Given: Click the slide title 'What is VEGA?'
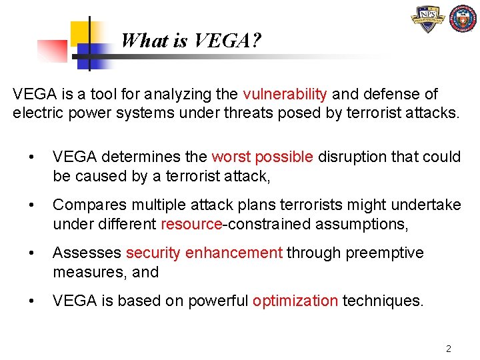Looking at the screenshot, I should pyautogui.click(x=191, y=41).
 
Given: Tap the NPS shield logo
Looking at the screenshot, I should pyautogui.click(x=427, y=19).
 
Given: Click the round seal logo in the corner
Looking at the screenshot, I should pyautogui.click(x=463, y=19).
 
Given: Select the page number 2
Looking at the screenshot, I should pyautogui.click(x=449, y=349).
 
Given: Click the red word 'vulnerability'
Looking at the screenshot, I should pyautogui.click(x=285, y=94).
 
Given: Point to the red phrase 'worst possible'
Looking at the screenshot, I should pyautogui.click(x=262, y=157).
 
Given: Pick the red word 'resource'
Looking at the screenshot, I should pyautogui.click(x=191, y=224).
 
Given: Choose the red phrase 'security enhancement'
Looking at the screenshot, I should pyautogui.click(x=204, y=253).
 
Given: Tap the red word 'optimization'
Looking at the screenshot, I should pyautogui.click(x=295, y=301).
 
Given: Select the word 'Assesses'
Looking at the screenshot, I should pyautogui.click(x=87, y=253).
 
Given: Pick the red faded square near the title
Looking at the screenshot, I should pyautogui.click(x=52, y=51).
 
